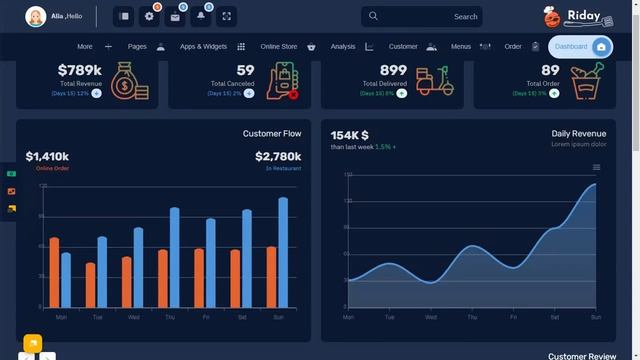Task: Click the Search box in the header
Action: (422, 16)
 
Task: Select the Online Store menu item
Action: (279, 47)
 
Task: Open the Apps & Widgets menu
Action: (203, 47)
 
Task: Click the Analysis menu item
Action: (343, 47)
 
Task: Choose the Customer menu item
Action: (403, 47)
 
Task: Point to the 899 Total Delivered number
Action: (393, 70)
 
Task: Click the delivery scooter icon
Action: (433, 81)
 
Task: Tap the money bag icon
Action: (130, 81)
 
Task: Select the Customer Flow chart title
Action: (272, 133)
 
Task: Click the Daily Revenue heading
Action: (578, 133)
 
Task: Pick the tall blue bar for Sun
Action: (283, 252)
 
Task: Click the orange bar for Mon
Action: (54, 272)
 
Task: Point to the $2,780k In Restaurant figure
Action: (278, 157)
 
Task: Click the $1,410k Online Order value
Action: (47, 157)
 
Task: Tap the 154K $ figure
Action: (350, 135)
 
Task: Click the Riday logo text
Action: (583, 15)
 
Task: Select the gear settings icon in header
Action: (149, 16)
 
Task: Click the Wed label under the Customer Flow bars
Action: (133, 317)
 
